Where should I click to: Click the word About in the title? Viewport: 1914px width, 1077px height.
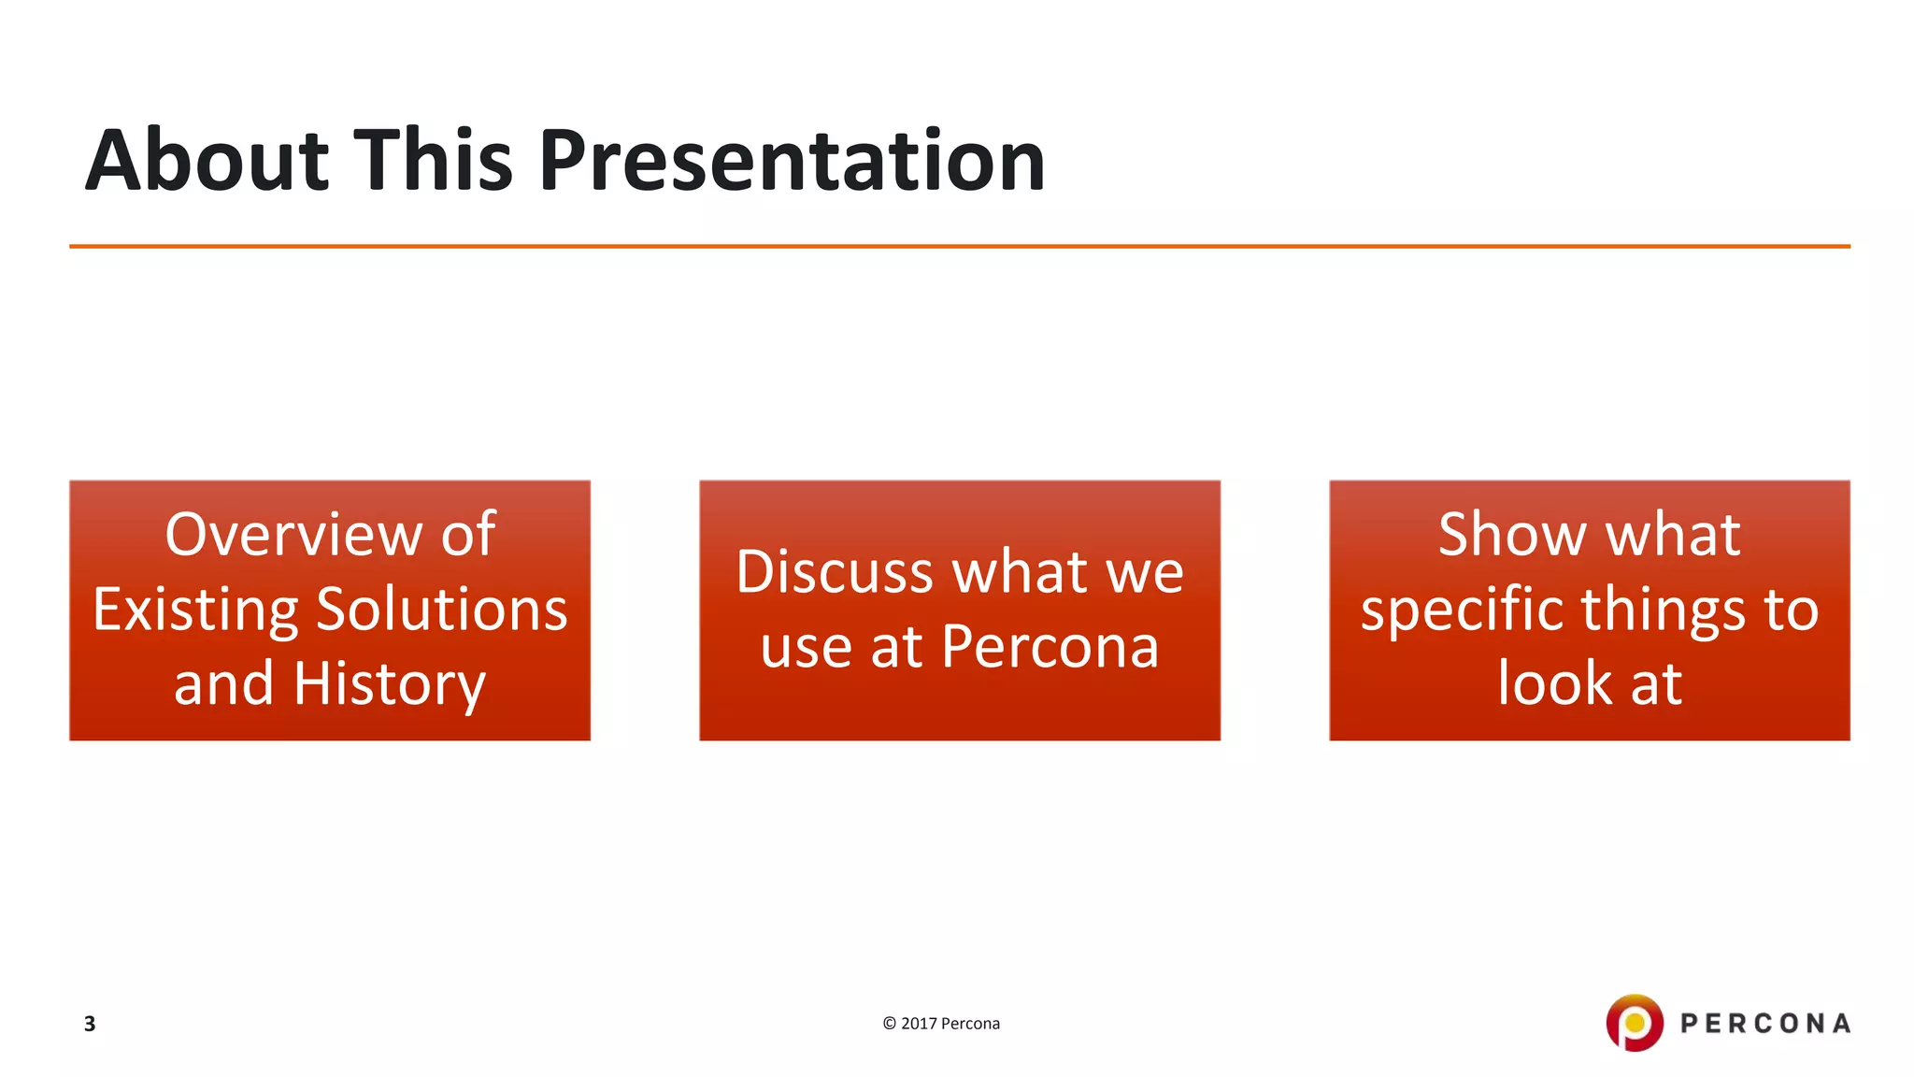[x=207, y=161]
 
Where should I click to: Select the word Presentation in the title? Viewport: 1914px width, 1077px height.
[x=792, y=161]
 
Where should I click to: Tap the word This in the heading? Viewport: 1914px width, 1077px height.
[x=433, y=161]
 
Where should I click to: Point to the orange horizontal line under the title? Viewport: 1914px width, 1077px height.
[x=959, y=247]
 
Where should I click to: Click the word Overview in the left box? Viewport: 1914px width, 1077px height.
[x=293, y=535]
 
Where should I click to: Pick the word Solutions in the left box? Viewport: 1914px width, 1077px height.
[x=442, y=610]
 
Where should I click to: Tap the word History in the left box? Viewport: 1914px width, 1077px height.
[x=390, y=684]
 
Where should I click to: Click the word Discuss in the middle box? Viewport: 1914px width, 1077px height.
[x=835, y=572]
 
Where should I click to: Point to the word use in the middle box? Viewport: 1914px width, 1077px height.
[x=807, y=649]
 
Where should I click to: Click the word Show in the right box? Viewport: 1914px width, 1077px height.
[x=1510, y=535]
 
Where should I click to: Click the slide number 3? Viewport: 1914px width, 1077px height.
[x=90, y=1024]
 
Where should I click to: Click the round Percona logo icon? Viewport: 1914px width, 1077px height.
[x=1635, y=1023]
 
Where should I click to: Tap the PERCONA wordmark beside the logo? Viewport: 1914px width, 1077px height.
[x=1765, y=1024]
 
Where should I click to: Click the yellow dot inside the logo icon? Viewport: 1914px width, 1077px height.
[x=1635, y=1023]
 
